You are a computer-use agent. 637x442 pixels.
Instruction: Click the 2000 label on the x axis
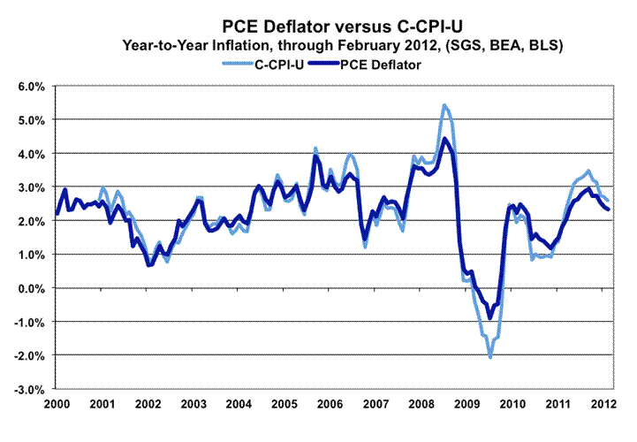[56, 404]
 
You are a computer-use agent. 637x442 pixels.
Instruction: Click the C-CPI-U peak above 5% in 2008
[444, 105]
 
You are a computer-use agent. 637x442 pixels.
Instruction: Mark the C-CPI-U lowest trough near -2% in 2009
[489, 356]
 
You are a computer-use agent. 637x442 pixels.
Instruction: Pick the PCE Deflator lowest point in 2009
[489, 318]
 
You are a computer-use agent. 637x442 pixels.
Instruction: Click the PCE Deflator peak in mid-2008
[445, 139]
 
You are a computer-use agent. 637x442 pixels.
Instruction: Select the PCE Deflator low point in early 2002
[149, 264]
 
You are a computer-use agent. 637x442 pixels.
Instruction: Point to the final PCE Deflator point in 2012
[609, 209]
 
